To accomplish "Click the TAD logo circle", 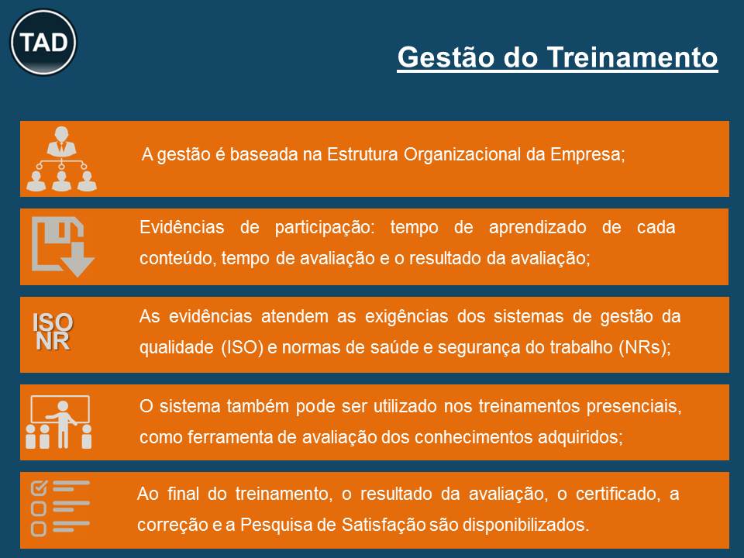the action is point(43,42).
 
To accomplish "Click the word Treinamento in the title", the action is point(632,57).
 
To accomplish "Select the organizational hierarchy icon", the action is point(62,158).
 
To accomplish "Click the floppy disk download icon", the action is point(63,246).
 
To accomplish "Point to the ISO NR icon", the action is point(53,332).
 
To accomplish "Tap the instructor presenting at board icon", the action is point(59,422).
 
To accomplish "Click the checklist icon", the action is point(60,508).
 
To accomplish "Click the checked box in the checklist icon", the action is point(39,487).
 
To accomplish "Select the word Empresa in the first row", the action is point(587,155).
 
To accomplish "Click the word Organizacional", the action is point(462,155).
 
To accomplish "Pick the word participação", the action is point(325,228).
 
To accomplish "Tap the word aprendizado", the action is point(538,228).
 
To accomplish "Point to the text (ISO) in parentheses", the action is point(242,347).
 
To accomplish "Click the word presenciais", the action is point(634,407).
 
